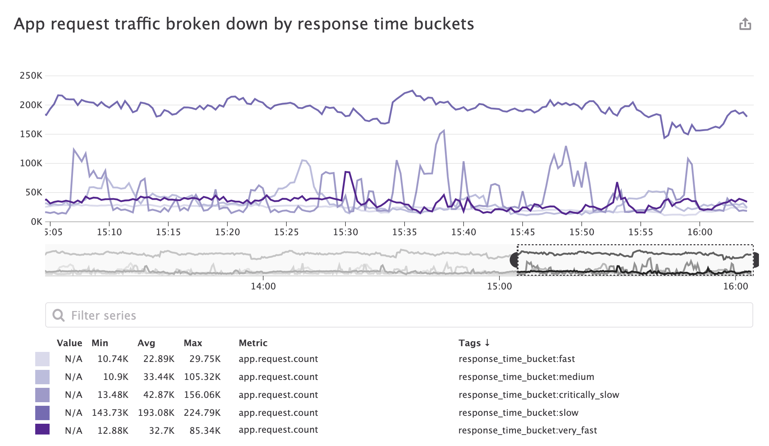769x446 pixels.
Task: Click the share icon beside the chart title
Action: [745, 24]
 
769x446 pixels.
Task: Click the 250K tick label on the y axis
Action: [31, 76]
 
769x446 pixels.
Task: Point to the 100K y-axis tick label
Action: [31, 163]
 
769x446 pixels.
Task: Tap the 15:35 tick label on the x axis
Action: [404, 232]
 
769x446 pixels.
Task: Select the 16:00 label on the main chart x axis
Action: [700, 232]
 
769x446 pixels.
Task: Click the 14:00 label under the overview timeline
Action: [263, 286]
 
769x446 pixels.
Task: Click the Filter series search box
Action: [399, 315]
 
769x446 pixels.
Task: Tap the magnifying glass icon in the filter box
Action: [58, 315]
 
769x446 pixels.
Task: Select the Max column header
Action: [193, 343]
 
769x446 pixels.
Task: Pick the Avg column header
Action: [146, 343]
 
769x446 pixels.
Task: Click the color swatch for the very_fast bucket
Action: [42, 429]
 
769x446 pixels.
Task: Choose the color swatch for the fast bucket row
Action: [42, 359]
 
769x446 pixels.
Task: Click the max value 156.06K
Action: [202, 395]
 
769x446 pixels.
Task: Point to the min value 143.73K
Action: [110, 413]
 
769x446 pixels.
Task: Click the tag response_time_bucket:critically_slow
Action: [539, 395]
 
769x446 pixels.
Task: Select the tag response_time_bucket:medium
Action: [526, 377]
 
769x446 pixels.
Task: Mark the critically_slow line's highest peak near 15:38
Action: [444, 131]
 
